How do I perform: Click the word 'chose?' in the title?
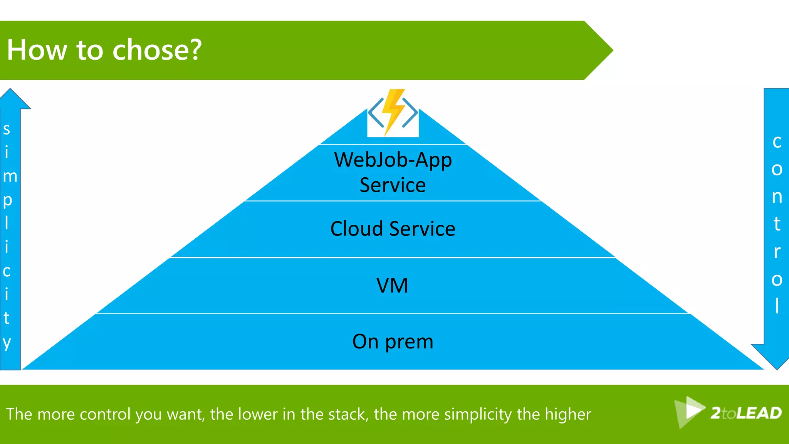(157, 50)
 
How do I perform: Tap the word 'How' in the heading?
(37, 50)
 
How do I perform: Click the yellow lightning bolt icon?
(393, 112)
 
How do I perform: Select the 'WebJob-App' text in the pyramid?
(393, 160)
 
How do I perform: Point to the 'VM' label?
(392, 286)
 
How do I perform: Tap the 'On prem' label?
(393, 341)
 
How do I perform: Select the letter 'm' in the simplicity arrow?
(10, 177)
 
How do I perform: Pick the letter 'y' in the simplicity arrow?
(7, 342)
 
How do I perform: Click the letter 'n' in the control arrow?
(777, 197)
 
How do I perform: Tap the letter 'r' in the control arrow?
(777, 252)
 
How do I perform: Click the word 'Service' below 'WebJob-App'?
(393, 185)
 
